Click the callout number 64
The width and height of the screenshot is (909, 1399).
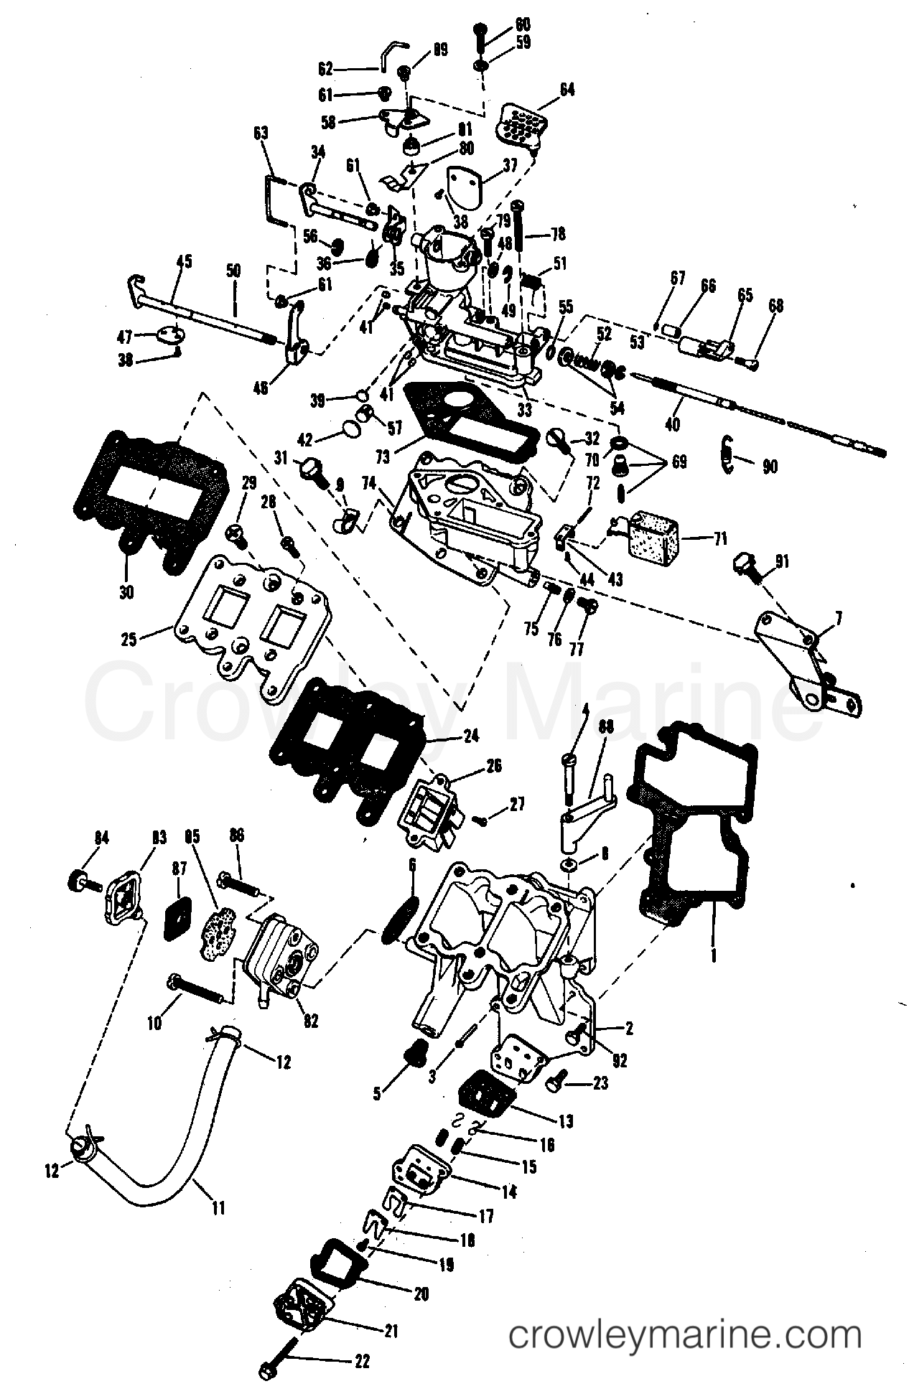tap(567, 90)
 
